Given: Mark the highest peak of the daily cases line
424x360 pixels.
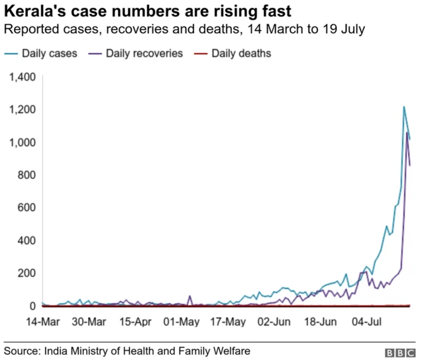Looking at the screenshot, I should [404, 107].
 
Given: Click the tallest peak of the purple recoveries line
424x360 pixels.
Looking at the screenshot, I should [407, 133].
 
